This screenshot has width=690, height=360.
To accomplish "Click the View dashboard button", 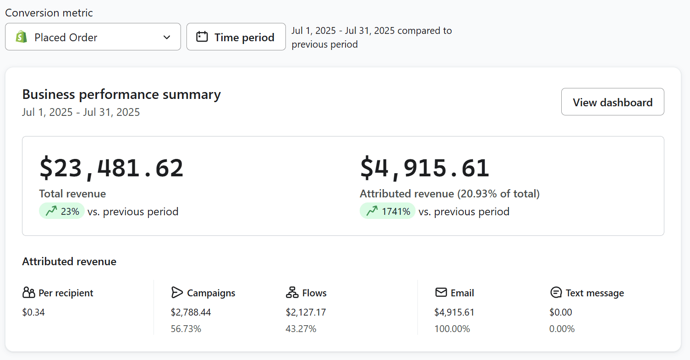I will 612,102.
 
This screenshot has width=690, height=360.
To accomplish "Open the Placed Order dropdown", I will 93,37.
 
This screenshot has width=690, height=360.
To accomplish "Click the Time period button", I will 236,37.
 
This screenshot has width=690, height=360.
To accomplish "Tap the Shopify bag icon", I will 22,37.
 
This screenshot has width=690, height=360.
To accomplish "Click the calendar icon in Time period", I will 202,37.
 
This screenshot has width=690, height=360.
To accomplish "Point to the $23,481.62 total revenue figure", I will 111,168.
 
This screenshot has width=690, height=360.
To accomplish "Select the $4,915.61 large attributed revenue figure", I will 425,168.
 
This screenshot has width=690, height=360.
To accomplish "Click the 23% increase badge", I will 62,211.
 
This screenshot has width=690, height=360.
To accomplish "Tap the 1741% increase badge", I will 388,211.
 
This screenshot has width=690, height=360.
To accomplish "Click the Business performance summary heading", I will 121,94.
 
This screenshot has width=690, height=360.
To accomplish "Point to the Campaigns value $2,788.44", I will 191,312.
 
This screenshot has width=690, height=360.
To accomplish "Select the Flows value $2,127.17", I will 306,312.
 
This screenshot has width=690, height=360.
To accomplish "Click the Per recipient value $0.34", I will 33,312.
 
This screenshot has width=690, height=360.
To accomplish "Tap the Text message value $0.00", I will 561,312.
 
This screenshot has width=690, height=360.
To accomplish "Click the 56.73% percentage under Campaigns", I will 186,329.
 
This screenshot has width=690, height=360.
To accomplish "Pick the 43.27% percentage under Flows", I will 301,329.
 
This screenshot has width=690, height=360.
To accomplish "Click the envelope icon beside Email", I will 441,293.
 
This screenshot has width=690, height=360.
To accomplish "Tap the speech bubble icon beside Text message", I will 556,293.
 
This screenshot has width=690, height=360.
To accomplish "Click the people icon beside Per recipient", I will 28,293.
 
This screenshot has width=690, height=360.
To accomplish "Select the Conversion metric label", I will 49,13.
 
